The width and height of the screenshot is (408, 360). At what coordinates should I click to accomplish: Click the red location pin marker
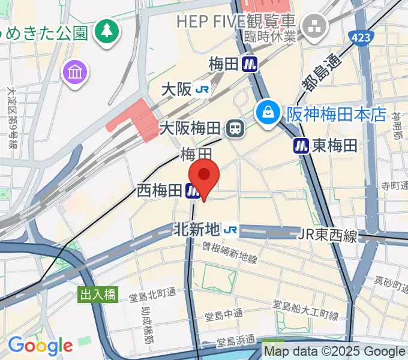[205, 175]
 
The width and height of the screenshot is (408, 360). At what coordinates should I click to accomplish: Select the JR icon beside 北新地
[230, 229]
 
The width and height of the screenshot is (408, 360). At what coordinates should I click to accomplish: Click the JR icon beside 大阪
[203, 89]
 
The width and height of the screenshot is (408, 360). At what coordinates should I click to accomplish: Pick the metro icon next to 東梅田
[302, 145]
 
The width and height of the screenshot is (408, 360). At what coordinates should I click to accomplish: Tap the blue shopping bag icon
[266, 112]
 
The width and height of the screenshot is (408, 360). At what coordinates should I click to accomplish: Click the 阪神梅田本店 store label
[336, 114]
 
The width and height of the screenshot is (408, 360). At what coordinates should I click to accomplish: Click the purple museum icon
[75, 73]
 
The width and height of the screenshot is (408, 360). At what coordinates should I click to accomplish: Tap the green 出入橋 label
[98, 295]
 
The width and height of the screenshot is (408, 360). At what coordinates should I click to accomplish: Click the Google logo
[40, 345]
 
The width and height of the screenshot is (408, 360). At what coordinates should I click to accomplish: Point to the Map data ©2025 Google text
[335, 352]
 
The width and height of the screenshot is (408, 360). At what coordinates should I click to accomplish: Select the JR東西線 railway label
[328, 236]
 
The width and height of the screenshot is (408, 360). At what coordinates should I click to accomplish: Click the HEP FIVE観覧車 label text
[237, 21]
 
